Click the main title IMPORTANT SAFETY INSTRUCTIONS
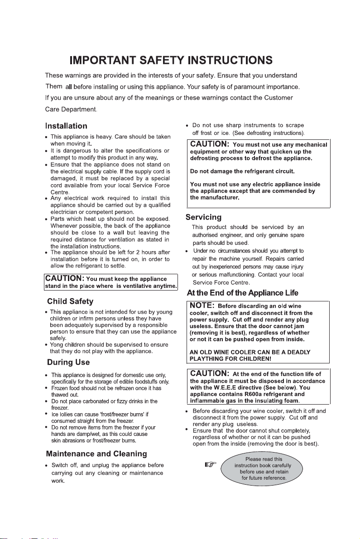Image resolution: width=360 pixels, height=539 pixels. [x=171, y=60]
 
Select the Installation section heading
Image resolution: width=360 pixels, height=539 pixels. [x=66, y=125]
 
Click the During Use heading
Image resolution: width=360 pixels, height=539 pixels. [x=68, y=362]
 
